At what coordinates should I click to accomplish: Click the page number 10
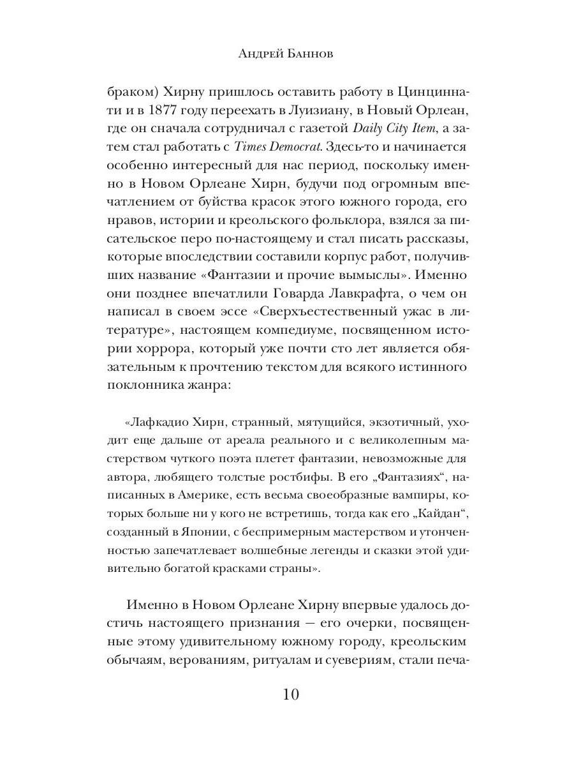pos(287,694)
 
